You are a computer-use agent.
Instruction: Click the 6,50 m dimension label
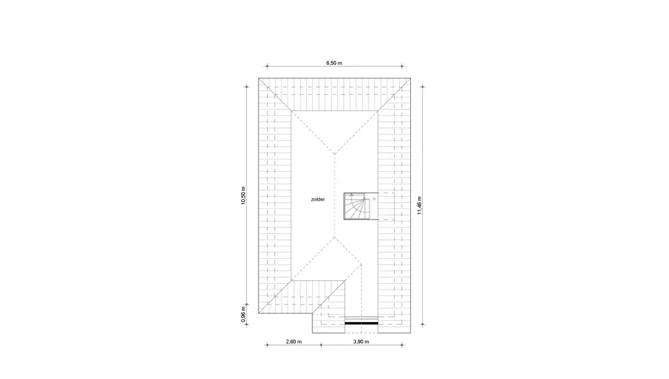pos(334,63)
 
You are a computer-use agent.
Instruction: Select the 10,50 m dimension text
pos(243,195)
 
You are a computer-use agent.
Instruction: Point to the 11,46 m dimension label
pos(419,205)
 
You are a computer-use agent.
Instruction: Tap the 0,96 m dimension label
pos(243,314)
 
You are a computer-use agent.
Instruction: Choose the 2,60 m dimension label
pos(293,342)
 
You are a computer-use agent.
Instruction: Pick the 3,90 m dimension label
pos(361,342)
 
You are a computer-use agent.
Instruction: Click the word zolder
pos(318,199)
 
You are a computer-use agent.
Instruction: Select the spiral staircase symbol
pos(357,206)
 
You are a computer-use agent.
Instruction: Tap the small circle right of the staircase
pos(374,199)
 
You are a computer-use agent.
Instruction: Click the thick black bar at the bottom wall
pos(361,323)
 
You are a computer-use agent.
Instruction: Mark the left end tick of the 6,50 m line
pos(267,66)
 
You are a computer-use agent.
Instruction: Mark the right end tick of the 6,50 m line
pos(402,66)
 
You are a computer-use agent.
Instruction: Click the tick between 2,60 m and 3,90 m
pos(321,345)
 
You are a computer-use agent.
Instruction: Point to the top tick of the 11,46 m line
pos(423,87)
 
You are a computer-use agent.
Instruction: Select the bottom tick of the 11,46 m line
pos(423,324)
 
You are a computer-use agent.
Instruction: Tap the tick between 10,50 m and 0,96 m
pos(246,305)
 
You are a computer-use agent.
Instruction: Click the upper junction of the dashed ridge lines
pos(334,154)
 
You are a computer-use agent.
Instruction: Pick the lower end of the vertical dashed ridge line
pos(334,237)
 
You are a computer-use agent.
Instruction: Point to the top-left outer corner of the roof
pos(259,78)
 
